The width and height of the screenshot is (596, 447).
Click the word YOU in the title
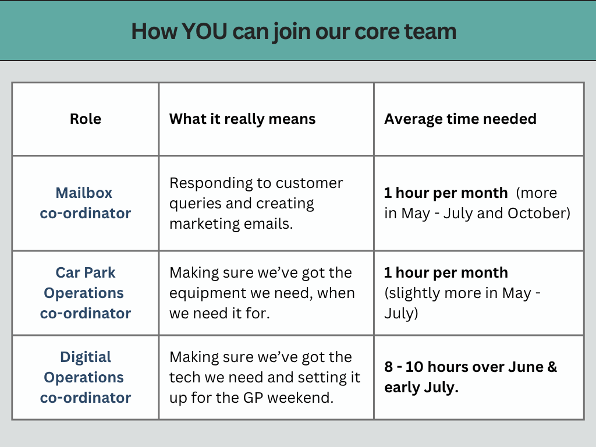204,31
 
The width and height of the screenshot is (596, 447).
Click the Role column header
86,119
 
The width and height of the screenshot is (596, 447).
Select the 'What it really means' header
243,119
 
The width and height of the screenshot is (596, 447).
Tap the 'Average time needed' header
460,119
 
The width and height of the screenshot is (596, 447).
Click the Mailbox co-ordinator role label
86,203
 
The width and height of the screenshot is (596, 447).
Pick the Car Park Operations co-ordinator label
86,293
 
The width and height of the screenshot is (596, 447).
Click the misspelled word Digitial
86,357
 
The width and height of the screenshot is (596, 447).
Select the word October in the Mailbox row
536,213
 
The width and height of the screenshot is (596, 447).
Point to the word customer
309,183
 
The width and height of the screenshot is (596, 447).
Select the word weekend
300,398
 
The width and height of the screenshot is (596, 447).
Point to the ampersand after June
552,367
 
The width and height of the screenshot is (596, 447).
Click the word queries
196,204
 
